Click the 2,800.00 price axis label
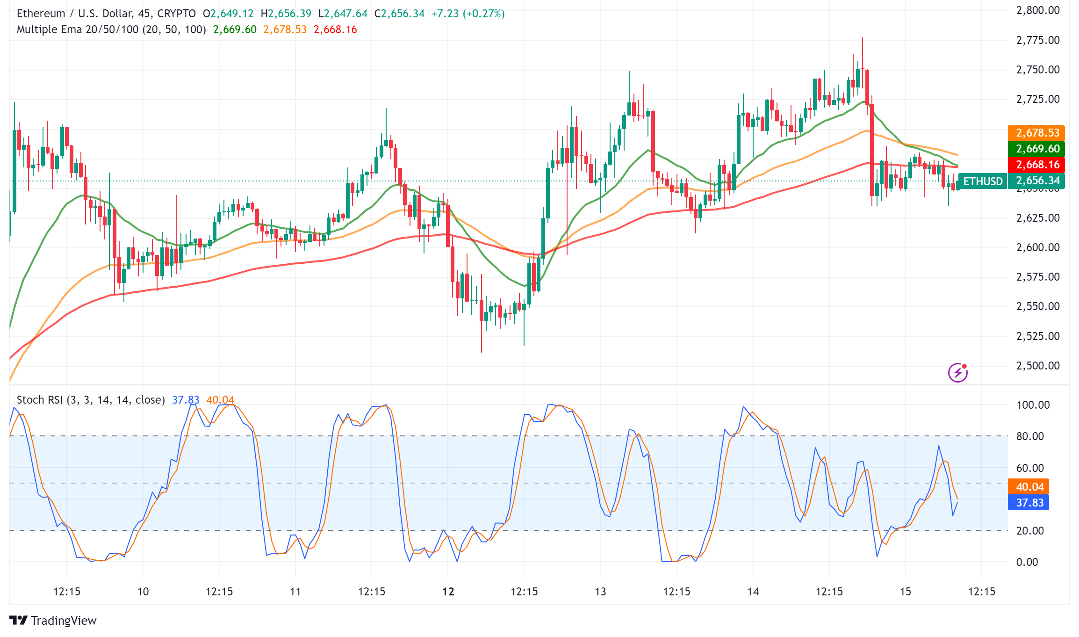(x=1037, y=10)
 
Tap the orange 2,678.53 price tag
(x=1036, y=133)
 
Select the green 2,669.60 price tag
(x=1036, y=149)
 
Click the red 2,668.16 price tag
(x=1036, y=165)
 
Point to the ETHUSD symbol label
(x=982, y=181)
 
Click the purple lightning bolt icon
(x=957, y=373)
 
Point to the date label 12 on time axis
(x=448, y=592)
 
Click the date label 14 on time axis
(x=753, y=592)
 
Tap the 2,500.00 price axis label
(x=1037, y=366)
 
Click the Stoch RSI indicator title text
(x=91, y=400)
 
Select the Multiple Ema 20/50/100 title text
(x=111, y=29)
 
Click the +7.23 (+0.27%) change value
(x=468, y=14)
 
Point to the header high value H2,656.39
(x=286, y=14)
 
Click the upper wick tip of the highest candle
(x=863, y=38)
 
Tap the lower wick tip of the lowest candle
(x=482, y=352)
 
